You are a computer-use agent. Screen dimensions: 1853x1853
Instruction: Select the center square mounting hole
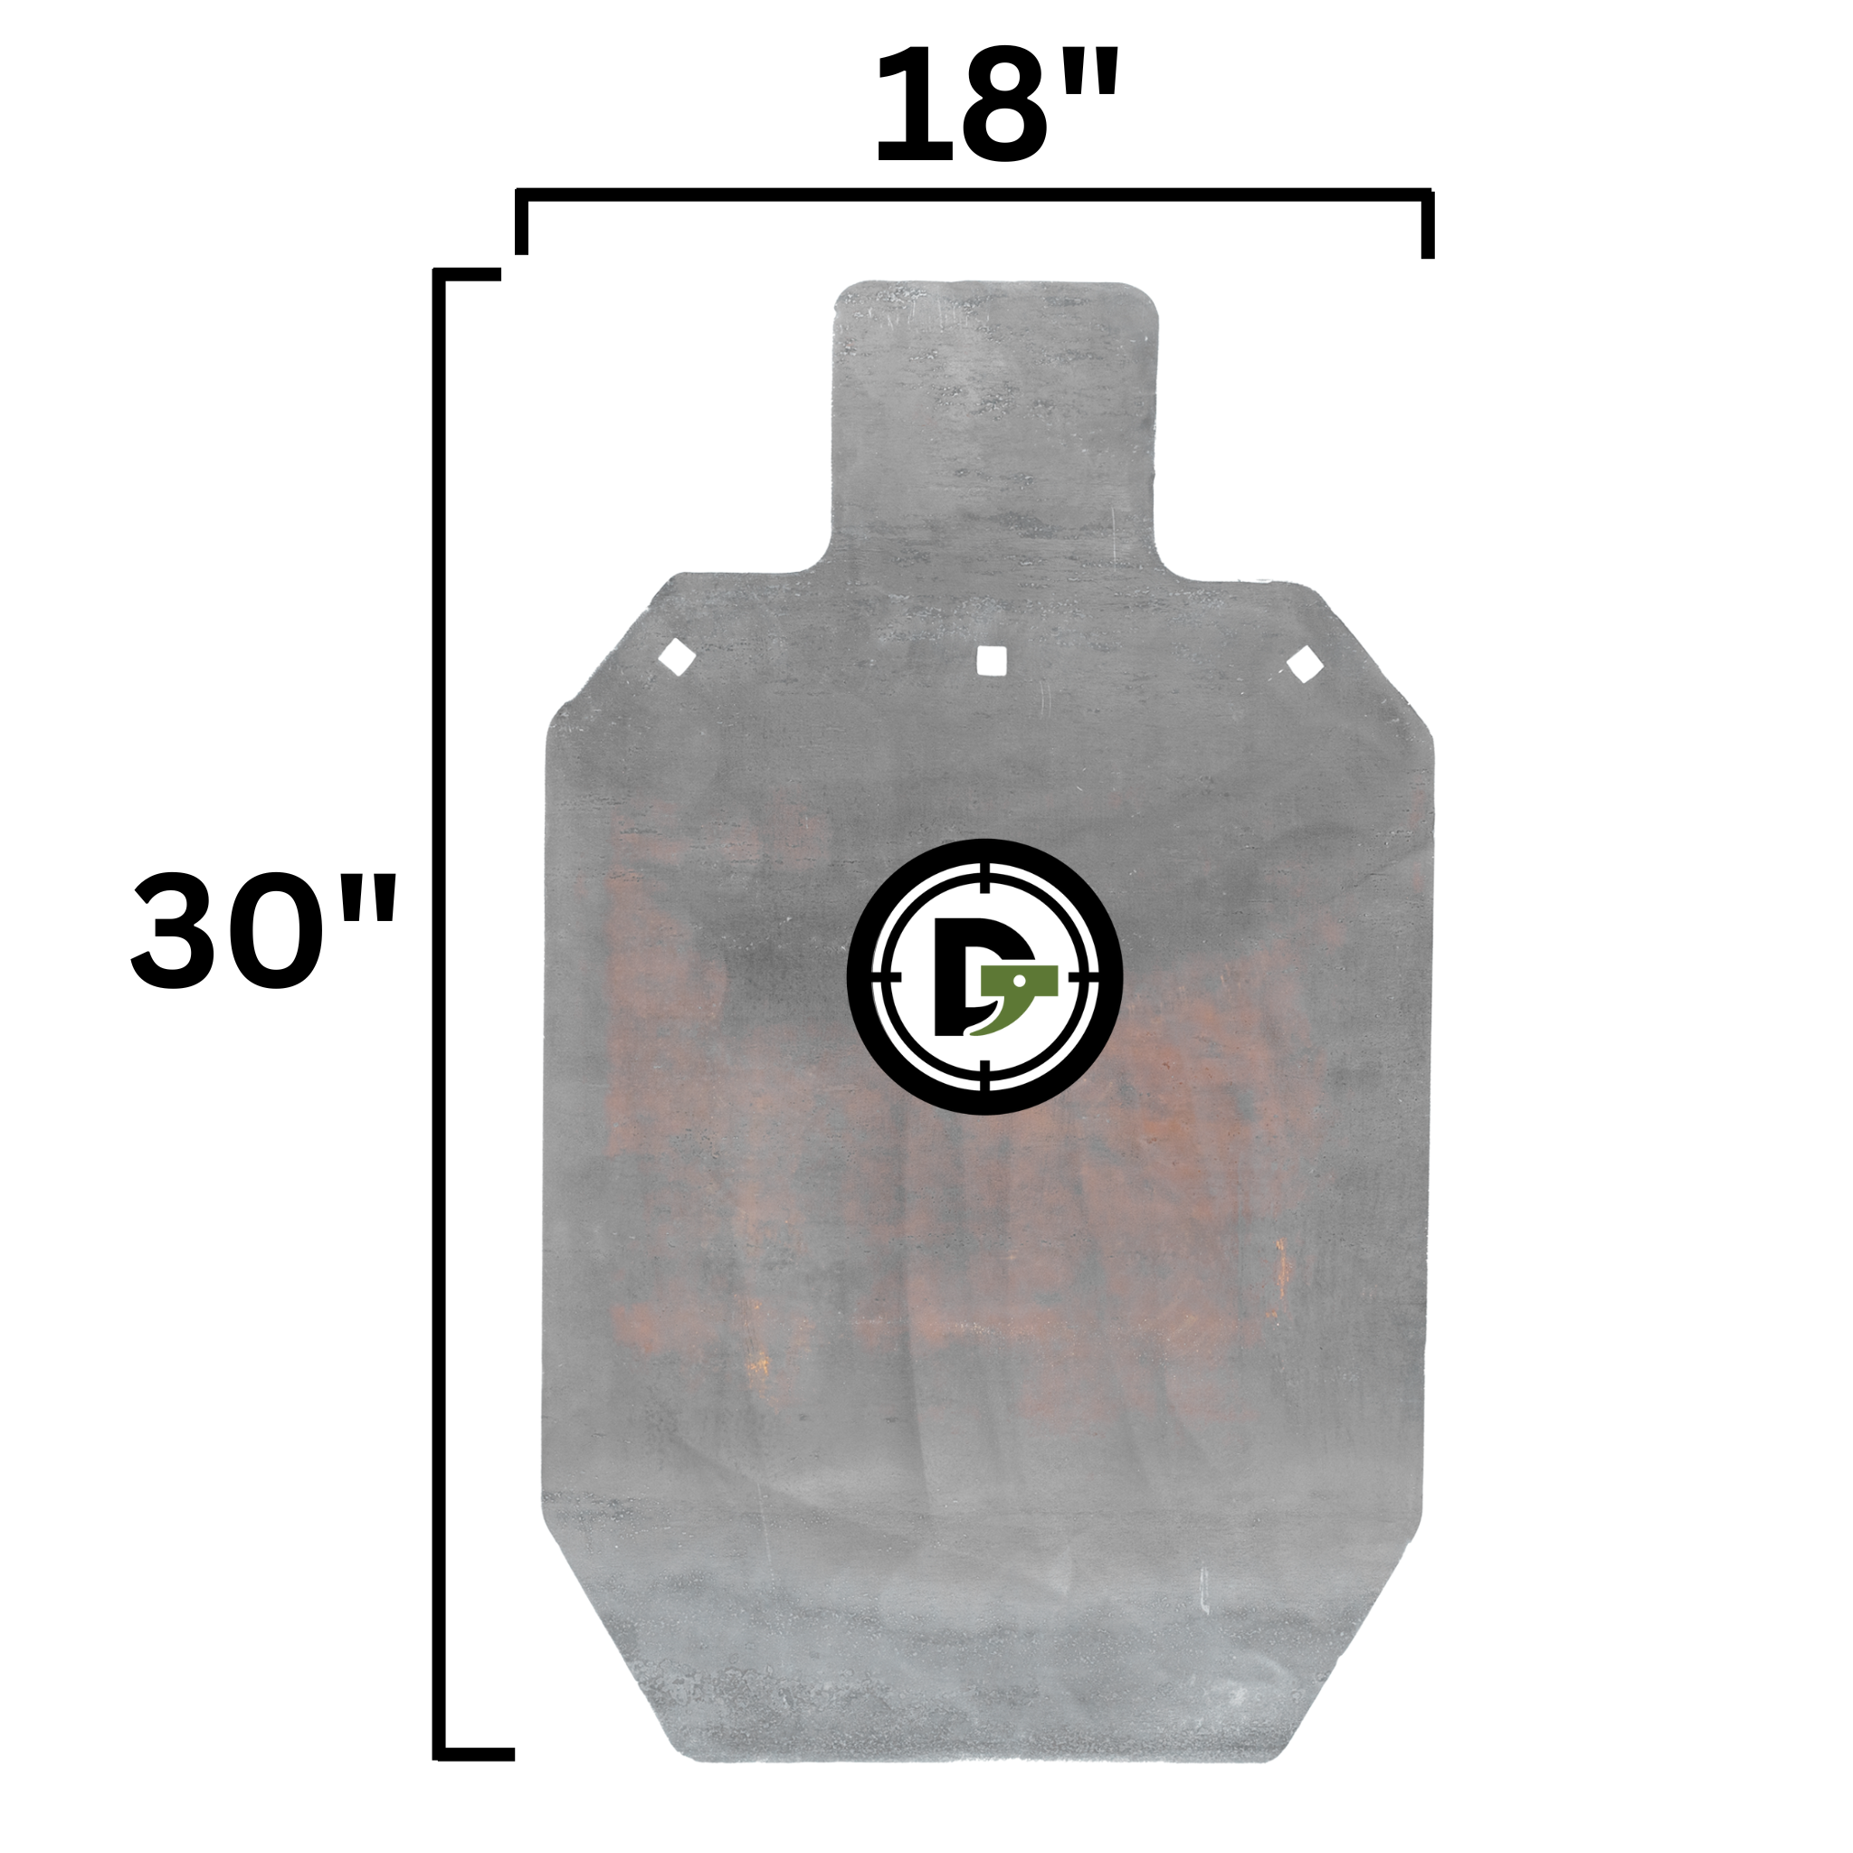[991, 660]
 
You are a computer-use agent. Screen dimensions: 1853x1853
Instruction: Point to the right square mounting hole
[1305, 665]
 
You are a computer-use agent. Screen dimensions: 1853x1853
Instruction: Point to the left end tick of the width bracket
[522, 223]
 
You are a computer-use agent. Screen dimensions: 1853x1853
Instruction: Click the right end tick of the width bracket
[1427, 224]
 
